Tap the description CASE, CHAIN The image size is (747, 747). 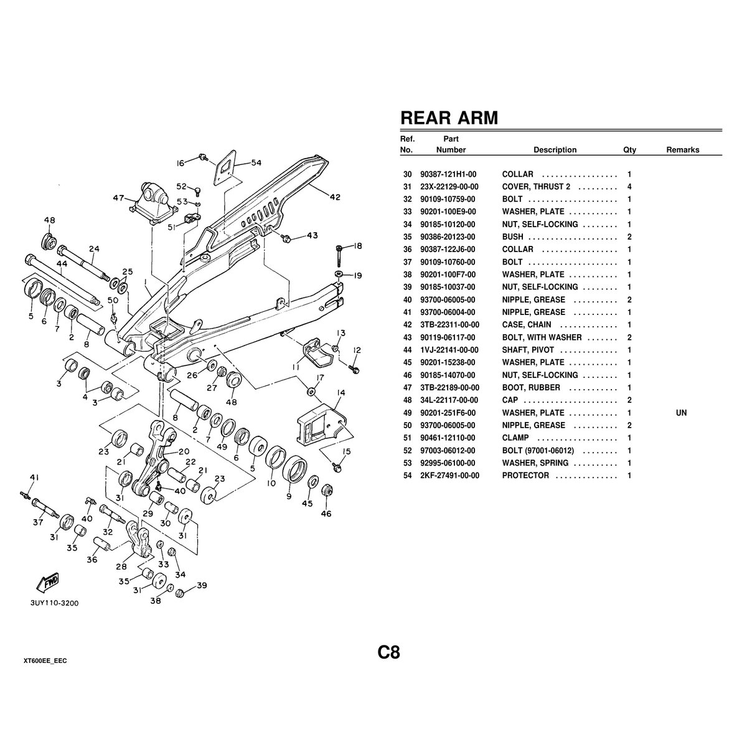527,325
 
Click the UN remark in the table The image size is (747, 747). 681,413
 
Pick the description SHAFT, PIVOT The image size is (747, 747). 528,350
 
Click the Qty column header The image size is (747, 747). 629,150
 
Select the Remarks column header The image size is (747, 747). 682,150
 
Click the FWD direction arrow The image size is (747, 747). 48,583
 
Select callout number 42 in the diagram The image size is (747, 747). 334,197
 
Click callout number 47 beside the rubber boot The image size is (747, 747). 118,198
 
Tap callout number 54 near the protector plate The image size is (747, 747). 256,163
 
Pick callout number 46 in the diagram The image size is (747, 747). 326,514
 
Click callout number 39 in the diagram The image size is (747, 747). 201,586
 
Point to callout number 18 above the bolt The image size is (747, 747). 357,247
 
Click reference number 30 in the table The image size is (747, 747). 408,174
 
